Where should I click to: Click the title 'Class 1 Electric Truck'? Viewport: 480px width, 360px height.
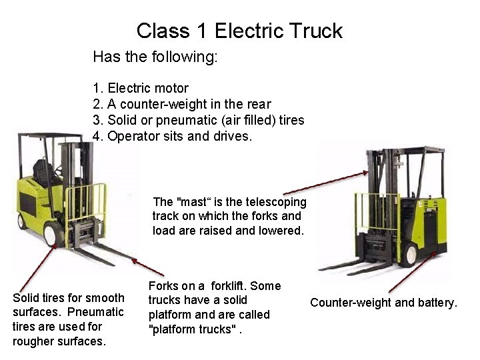tap(239, 31)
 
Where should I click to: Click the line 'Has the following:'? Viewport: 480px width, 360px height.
tap(155, 57)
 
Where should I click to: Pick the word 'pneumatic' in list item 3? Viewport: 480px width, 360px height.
tap(183, 120)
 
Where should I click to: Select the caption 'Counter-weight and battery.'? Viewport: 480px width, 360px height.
tap(384, 303)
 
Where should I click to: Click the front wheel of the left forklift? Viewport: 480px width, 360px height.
tap(54, 233)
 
